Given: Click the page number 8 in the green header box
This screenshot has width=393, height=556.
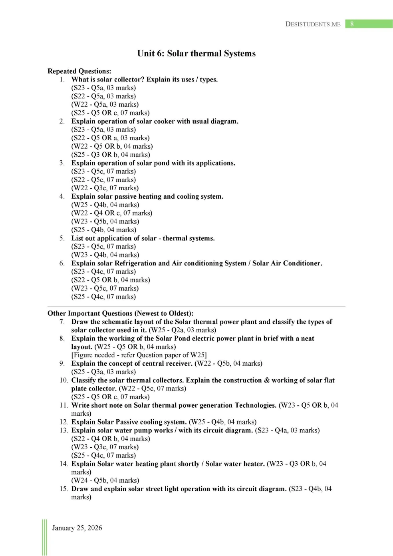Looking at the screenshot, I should (352, 24).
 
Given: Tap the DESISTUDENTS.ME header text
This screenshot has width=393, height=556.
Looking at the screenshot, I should (313, 24).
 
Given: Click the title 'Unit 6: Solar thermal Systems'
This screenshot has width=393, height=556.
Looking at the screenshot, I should (196, 54).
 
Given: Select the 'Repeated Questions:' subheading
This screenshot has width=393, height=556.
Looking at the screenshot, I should (79, 71).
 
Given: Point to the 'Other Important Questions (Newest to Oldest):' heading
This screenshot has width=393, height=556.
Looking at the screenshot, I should (120, 313).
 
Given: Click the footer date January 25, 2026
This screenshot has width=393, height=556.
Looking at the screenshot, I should (77, 528).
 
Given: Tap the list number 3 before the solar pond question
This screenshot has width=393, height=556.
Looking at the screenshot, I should (62, 163).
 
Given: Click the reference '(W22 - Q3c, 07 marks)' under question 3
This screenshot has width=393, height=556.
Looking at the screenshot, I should (105, 188).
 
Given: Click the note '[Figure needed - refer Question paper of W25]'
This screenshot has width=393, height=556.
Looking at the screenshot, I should (139, 355).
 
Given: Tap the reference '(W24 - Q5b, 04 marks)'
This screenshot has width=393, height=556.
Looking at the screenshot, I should (105, 480).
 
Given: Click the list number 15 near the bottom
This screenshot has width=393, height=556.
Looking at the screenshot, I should (64, 489).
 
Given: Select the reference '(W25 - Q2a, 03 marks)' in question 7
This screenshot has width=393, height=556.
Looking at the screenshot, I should (183, 330).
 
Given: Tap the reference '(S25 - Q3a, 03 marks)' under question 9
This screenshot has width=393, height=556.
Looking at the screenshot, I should (103, 372).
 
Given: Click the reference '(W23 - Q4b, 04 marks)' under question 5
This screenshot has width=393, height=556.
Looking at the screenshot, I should (105, 255).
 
